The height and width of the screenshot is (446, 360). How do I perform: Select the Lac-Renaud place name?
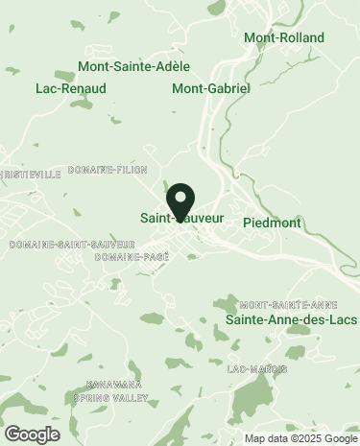[x=70, y=88]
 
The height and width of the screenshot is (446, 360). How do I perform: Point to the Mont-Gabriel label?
[x=210, y=88]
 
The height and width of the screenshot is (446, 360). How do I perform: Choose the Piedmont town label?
[x=273, y=223]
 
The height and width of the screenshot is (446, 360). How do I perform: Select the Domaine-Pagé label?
[x=132, y=257]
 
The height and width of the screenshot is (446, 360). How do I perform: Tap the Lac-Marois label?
[x=251, y=369]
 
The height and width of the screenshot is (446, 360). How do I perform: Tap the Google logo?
[x=33, y=434]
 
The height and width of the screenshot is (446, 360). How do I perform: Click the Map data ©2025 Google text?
[x=299, y=438]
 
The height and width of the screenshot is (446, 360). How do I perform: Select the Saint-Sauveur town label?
[x=181, y=218]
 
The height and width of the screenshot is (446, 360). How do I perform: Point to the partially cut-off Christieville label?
[x=30, y=174]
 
